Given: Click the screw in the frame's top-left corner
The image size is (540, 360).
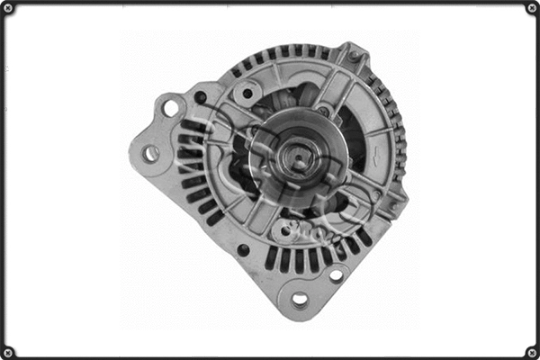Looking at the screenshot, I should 8,8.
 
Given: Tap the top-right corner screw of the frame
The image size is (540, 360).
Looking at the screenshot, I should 531,8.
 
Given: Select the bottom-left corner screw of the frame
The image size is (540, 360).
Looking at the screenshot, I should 8,351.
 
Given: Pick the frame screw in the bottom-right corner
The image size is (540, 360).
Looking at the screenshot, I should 531,351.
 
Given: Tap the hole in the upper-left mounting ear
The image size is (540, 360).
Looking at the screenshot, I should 170,108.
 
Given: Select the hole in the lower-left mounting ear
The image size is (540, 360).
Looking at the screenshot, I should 150,154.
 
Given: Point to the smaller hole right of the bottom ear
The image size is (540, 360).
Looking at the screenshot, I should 335,274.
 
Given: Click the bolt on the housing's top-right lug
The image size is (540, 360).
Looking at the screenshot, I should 355,57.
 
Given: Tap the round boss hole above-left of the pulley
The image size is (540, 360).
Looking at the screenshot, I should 247,92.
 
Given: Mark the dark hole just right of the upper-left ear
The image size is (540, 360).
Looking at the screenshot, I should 200,97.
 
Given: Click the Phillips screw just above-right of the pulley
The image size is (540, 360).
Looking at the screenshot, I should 323,110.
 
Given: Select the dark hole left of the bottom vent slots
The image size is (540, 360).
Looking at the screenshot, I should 243,249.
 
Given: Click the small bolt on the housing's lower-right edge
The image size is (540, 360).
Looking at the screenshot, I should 391,205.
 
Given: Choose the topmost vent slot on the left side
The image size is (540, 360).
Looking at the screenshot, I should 190,127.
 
